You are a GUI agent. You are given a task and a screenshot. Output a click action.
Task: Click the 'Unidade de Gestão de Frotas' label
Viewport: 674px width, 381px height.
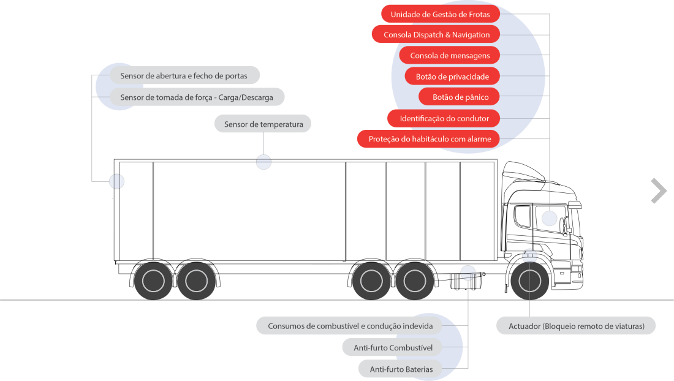click(440, 14)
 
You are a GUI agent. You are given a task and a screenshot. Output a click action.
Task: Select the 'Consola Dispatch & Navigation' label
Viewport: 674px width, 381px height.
click(436, 35)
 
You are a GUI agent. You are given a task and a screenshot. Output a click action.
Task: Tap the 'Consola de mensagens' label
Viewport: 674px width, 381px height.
click(449, 56)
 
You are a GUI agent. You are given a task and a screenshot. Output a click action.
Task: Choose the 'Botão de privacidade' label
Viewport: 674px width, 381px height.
click(452, 77)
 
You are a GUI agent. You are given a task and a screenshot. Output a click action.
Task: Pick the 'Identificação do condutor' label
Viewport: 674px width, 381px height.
click(444, 118)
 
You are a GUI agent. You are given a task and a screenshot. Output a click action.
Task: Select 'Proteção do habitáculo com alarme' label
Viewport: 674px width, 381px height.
click(429, 139)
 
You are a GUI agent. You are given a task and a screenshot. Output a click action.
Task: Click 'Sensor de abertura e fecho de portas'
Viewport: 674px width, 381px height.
click(184, 76)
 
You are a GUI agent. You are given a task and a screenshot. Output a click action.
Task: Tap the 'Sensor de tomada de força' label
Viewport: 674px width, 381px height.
click(197, 97)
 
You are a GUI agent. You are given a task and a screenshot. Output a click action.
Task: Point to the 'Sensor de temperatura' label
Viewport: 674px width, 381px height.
click(263, 124)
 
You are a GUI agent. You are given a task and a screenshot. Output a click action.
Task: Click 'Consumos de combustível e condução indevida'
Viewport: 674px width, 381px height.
click(350, 326)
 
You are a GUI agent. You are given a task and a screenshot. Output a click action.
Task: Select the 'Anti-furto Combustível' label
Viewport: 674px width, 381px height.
click(393, 348)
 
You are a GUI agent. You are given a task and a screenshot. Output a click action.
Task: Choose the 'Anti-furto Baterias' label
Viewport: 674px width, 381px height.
click(401, 369)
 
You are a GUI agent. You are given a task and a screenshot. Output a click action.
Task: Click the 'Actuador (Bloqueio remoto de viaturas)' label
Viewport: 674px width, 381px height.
click(576, 326)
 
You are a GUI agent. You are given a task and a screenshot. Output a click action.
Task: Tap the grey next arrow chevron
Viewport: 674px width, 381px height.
click(658, 190)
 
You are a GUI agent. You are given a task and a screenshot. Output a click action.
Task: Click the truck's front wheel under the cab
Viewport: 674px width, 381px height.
click(529, 281)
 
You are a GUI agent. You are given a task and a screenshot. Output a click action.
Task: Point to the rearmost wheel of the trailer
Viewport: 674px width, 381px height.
click(153, 281)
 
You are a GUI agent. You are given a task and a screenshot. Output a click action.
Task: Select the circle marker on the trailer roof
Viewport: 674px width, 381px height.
click(263, 162)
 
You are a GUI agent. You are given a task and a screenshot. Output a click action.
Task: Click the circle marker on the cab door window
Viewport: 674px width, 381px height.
click(550, 217)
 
